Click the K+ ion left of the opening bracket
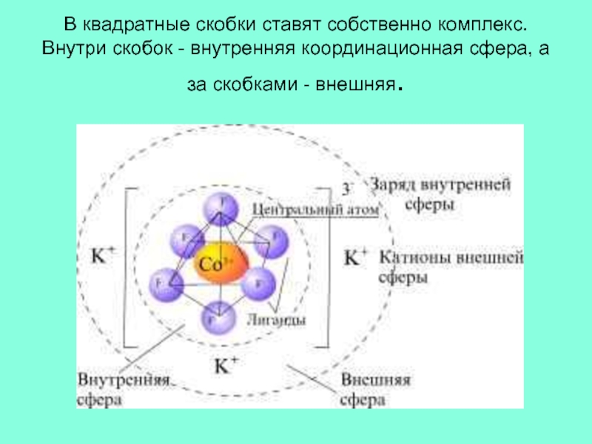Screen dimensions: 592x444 point(102,255)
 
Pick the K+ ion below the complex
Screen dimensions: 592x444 point(226,365)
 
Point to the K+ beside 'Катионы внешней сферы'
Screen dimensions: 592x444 point(356,257)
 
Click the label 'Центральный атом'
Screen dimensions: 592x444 point(314,210)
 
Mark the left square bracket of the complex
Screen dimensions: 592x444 point(127,266)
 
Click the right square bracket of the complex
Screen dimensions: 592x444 point(324,266)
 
